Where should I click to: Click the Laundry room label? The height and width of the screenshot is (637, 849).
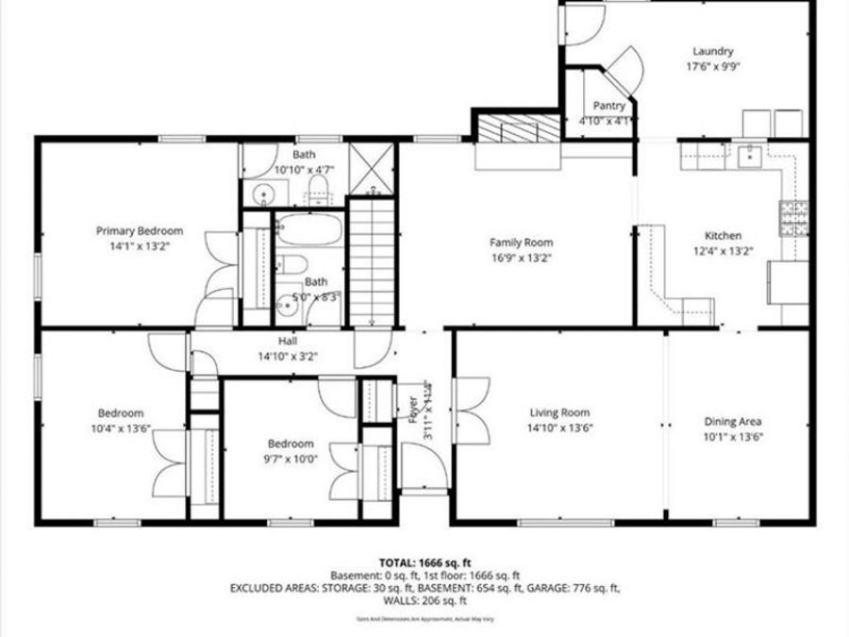click(712, 51)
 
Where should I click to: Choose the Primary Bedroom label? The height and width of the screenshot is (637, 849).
click(140, 230)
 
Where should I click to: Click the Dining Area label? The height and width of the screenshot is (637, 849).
click(733, 422)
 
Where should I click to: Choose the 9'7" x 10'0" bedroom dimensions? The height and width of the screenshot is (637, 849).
click(290, 459)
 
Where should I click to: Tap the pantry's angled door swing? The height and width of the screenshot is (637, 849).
click(624, 71)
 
